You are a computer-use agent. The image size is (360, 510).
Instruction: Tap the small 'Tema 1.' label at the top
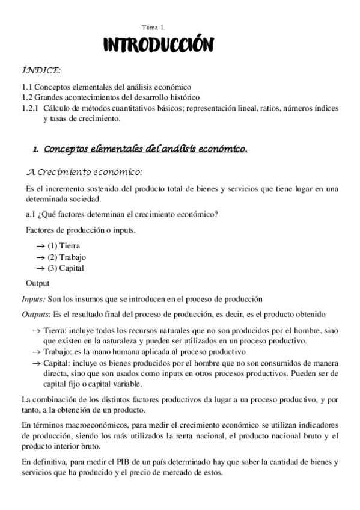(x=153, y=28)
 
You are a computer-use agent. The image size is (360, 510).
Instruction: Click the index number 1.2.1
(x=30, y=109)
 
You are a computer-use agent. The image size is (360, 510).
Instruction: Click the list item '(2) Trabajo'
(x=66, y=257)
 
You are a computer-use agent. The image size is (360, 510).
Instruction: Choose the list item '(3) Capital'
(x=66, y=268)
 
